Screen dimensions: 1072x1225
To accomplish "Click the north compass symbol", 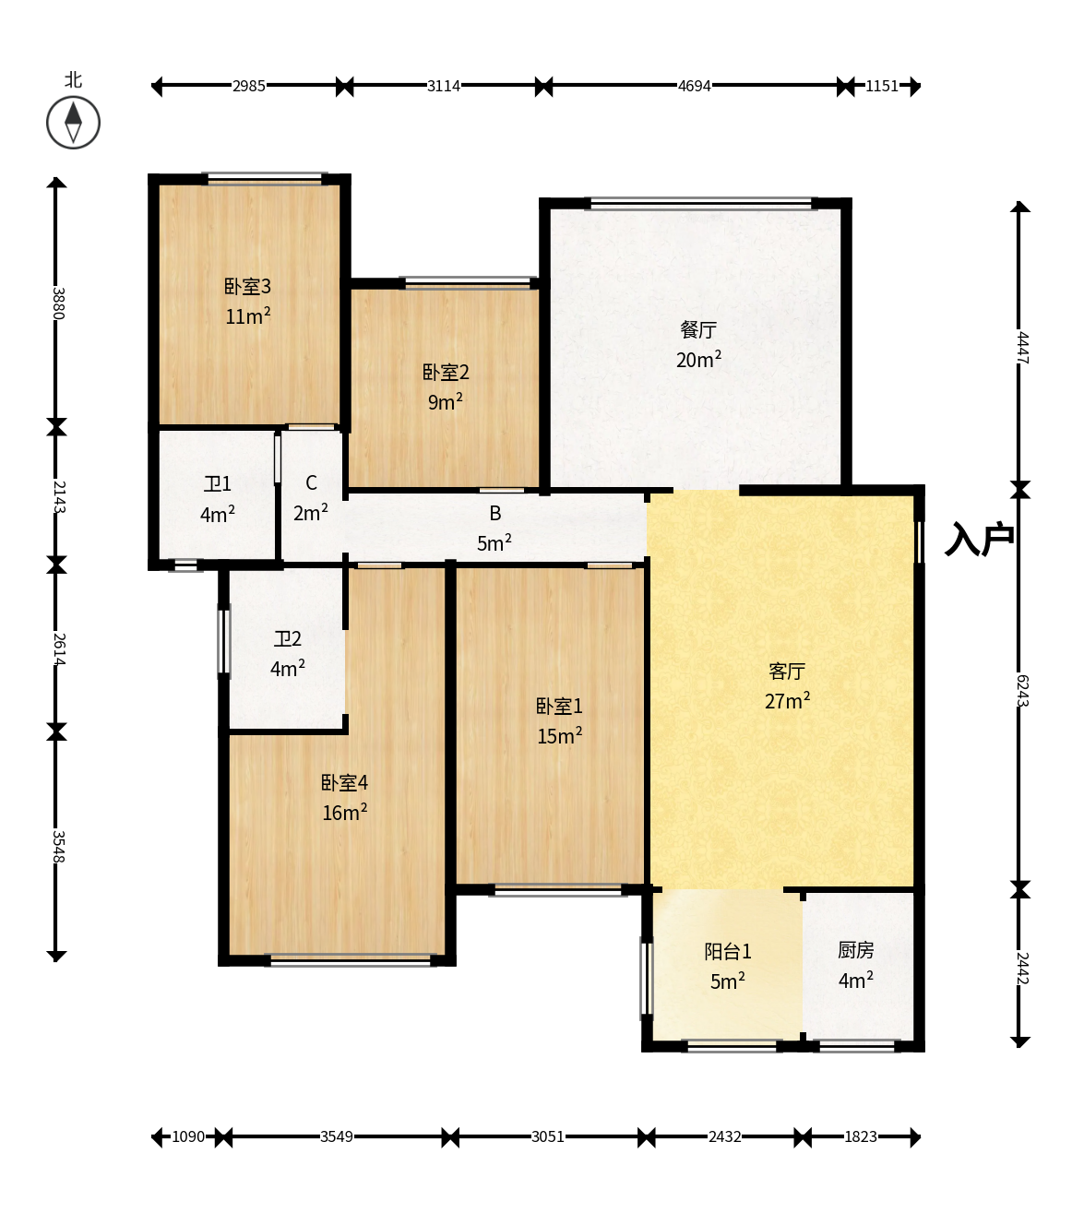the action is point(73,123).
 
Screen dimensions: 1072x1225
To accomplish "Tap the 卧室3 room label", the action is point(247,286).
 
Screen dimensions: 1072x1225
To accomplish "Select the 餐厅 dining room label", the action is point(698,329).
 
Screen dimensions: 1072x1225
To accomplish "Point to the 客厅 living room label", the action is point(787,672).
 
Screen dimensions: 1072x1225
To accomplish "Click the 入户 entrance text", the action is point(979,539).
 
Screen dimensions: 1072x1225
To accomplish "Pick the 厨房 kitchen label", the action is point(856,950).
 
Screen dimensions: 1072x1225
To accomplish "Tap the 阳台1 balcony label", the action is point(728,951).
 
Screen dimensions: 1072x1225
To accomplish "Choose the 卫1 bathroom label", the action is point(218,483).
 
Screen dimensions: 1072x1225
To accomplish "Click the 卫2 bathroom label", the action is point(288,639).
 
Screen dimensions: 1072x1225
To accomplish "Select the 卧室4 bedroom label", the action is point(344,782).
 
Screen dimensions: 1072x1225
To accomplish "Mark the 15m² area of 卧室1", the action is point(559,735).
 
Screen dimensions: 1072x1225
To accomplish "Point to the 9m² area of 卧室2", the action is point(445,401).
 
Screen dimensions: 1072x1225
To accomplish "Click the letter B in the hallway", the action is point(495,513).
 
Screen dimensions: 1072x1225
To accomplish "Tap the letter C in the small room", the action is point(311,482).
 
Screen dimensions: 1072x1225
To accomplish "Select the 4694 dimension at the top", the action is point(694,86).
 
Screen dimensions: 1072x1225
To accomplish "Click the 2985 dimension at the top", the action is point(248,86).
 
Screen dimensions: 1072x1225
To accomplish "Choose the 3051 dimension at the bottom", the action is point(548,1136).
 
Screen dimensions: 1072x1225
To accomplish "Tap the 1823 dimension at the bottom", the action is point(861,1136).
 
